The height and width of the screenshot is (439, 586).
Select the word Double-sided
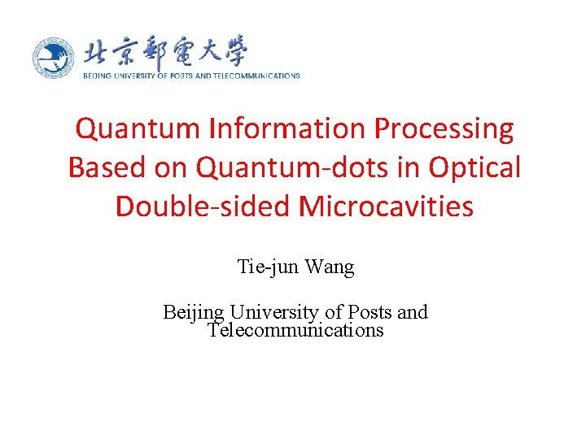(x=203, y=206)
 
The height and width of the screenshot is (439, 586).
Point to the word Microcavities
(x=386, y=206)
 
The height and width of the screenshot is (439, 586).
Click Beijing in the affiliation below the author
(x=194, y=313)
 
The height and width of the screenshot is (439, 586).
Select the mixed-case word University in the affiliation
(x=270, y=312)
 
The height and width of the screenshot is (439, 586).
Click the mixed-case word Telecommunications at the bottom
(x=295, y=330)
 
